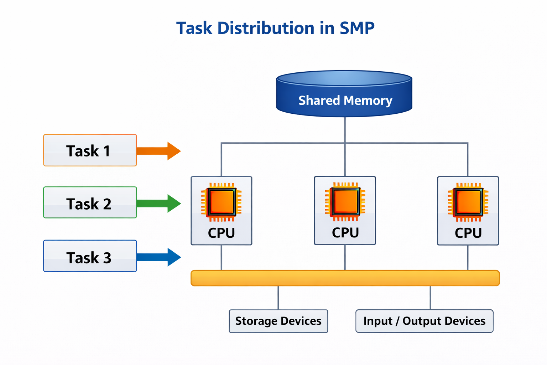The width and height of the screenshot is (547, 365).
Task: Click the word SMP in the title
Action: [x=357, y=28]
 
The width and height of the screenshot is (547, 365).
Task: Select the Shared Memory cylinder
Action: [x=344, y=96]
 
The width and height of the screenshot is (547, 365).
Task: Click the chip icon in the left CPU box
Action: [x=221, y=202]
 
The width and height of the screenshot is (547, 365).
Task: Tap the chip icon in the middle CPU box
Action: [x=345, y=202]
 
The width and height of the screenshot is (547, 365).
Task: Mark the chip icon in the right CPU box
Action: [x=468, y=202]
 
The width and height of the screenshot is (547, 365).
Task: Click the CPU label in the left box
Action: [x=221, y=233]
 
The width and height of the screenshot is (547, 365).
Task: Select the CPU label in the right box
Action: [x=468, y=233]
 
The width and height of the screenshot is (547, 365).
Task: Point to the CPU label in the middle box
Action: [x=345, y=233]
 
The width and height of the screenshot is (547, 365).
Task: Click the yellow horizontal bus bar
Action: [x=345, y=278]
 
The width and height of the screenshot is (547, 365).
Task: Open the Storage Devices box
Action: [x=278, y=321]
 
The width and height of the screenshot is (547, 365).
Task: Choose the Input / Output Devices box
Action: [x=424, y=321]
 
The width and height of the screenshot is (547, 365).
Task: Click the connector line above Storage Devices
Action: [x=278, y=298]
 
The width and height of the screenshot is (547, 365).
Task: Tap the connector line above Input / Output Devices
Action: [x=430, y=298]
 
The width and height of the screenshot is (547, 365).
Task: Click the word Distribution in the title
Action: [x=266, y=28]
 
